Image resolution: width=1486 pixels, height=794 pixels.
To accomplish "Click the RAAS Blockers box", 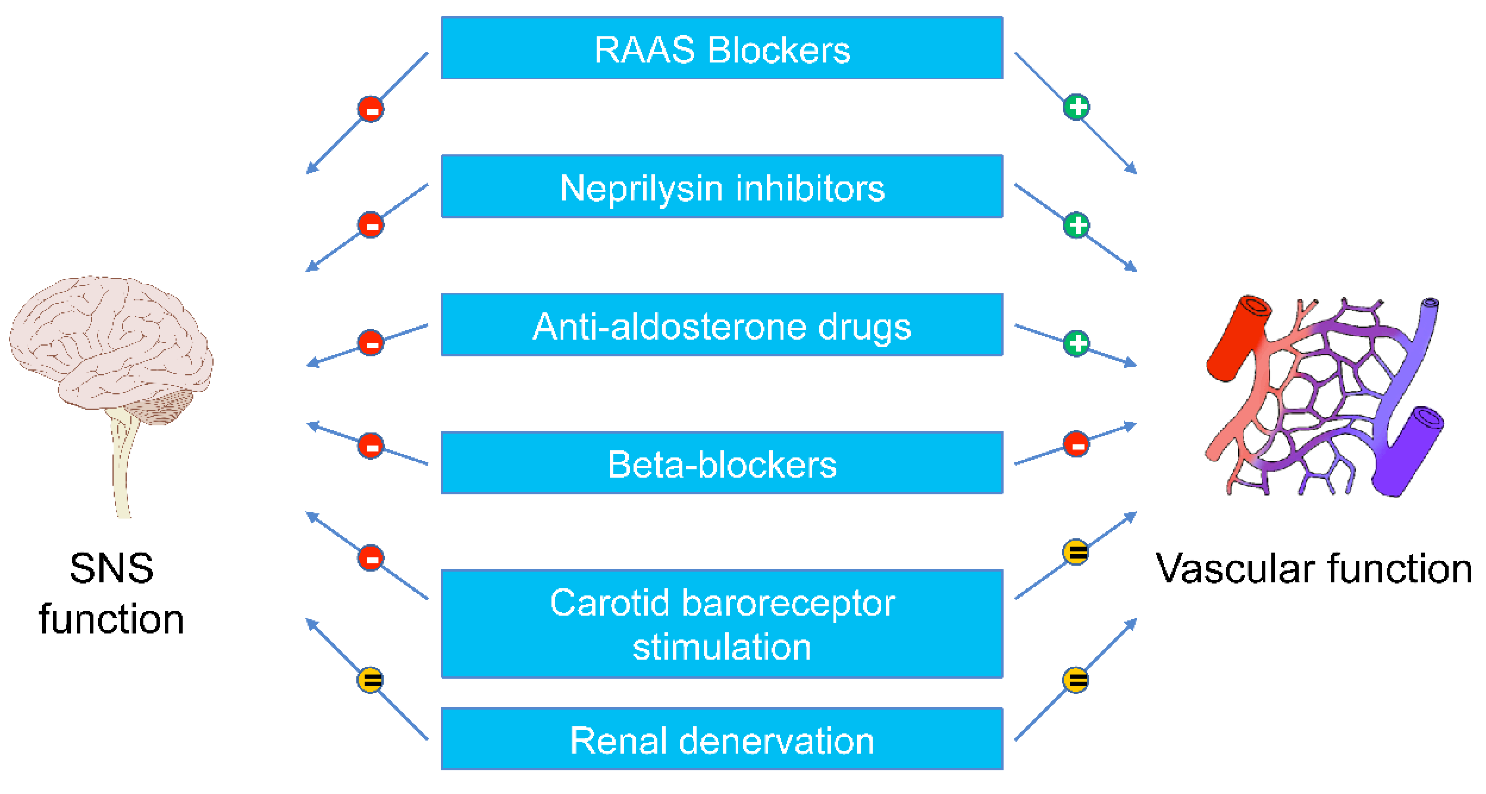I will pos(721,48).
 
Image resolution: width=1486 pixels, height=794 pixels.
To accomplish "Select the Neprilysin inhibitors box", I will pos(721,187).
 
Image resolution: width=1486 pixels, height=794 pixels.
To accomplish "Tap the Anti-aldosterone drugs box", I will pos(721,325).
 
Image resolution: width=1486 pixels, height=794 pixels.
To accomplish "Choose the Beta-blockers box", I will pos(721,463).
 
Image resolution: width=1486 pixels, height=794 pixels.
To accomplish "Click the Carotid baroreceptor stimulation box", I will pos(721,624).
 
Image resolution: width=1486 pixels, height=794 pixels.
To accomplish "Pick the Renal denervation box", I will pos(721,740).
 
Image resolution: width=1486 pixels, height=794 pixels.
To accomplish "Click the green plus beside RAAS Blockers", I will pos(1076,107).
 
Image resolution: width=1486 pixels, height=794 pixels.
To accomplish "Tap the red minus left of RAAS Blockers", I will pos(371,109).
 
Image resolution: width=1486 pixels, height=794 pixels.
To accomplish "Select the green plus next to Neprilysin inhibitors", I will pos(1076,225).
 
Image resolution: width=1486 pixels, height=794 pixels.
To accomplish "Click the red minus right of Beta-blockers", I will pos(1076,445).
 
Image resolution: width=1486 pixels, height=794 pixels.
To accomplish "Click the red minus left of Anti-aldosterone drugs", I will pos(371,343).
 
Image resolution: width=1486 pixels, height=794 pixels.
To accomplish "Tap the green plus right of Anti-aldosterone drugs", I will pos(1076,344).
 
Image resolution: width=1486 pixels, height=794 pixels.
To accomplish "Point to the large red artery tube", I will pos(1237,340).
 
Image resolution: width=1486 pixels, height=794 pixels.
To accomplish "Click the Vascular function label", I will pos(1314,569).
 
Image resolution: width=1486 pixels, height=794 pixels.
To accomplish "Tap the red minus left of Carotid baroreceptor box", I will pos(371,558).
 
